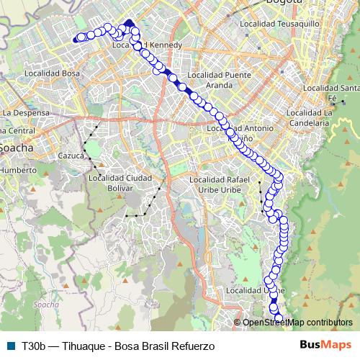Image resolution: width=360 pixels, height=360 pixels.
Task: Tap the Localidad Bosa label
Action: coord(52,73)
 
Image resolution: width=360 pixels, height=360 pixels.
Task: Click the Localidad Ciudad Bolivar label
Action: coord(111,182)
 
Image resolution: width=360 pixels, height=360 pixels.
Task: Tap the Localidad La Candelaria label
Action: coord(308,117)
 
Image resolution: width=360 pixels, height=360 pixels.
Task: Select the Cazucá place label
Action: coord(72,156)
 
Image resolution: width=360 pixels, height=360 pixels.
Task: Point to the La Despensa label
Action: coord(25,113)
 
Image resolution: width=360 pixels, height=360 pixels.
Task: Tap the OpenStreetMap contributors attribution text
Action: coord(297,322)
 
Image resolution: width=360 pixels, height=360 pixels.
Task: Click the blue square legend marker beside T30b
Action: coord(10,345)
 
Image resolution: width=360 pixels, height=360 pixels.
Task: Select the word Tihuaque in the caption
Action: coord(82,345)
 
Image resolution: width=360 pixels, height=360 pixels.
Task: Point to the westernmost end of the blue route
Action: coord(75,40)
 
